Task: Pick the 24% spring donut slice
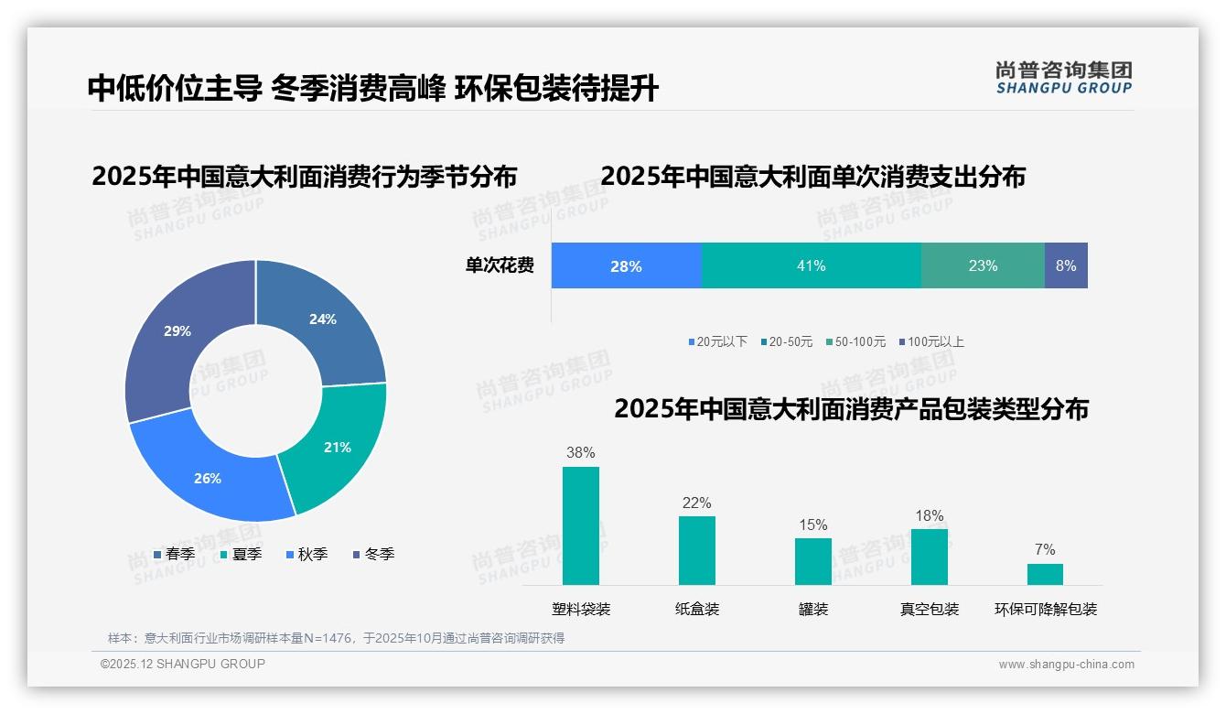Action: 325,320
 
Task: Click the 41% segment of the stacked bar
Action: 811,265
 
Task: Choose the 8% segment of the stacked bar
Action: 1066,265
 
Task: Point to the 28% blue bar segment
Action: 626,265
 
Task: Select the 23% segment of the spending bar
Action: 983,265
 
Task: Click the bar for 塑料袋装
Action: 581,525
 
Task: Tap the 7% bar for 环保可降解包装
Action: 1045,574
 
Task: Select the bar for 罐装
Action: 812,561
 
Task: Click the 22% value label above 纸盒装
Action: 696,503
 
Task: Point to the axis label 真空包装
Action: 929,609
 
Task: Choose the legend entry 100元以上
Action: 931,341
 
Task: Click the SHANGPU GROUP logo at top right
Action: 1063,78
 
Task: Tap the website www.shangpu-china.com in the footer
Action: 1066,665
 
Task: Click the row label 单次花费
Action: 500,265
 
